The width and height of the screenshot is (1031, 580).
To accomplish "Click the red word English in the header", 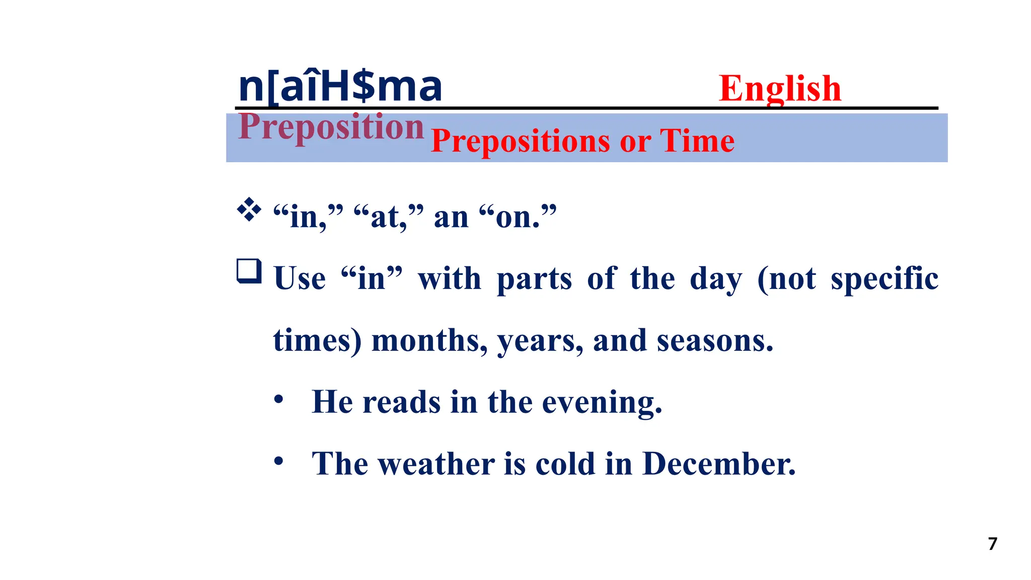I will (779, 88).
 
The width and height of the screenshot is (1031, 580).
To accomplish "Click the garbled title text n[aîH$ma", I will (340, 87).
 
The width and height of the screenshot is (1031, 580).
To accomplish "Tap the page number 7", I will (992, 544).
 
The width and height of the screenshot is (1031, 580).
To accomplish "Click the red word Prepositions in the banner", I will (520, 141).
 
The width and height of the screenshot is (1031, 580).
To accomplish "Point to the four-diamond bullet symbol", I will (249, 210).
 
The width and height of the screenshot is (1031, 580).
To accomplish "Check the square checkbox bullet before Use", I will (249, 271).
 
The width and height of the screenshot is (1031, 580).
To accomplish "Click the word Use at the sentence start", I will (300, 278).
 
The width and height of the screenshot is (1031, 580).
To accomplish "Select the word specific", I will (884, 278).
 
